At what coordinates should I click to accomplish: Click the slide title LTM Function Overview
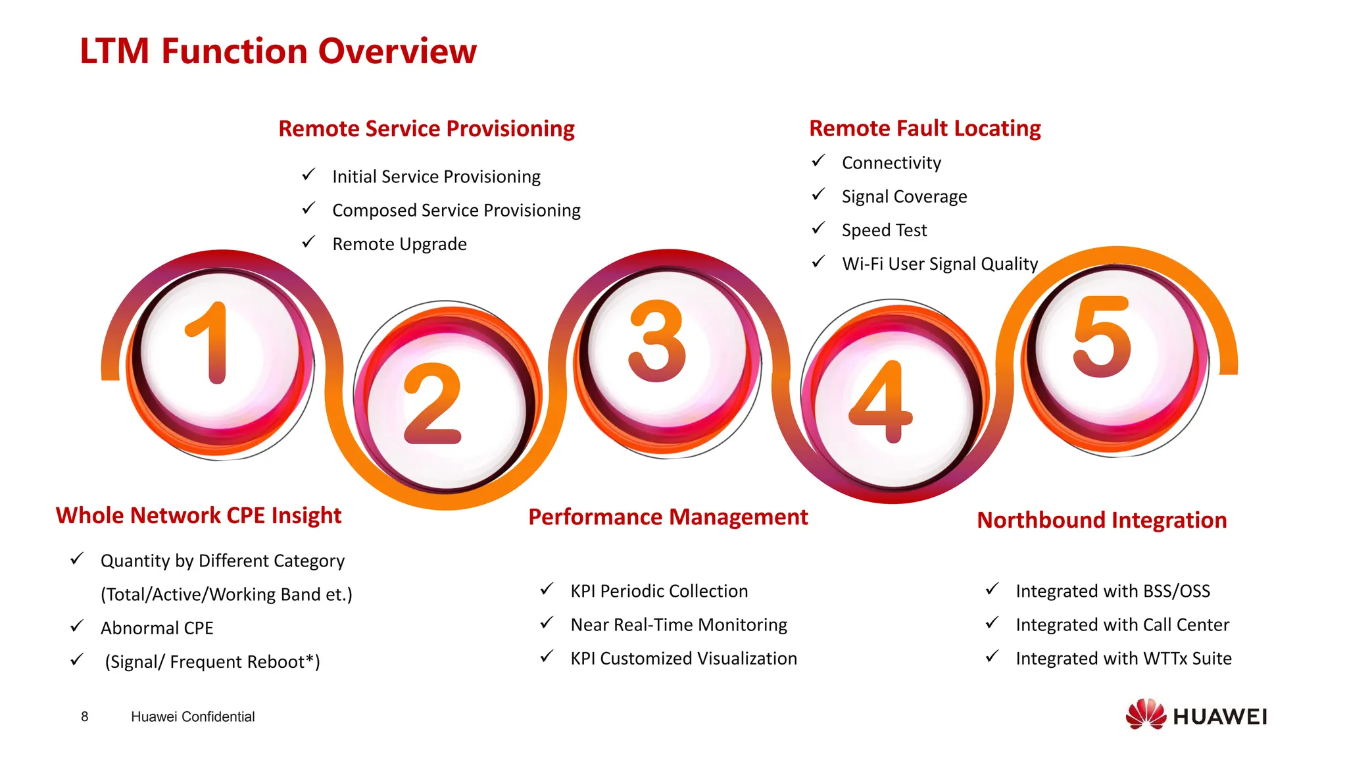tap(278, 51)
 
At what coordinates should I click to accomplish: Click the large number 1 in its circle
tap(208, 343)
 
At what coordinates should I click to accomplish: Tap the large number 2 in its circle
tap(432, 404)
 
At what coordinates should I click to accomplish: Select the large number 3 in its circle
tap(657, 341)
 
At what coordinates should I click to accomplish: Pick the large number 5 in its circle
tap(1102, 336)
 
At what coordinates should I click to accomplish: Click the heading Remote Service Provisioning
tap(426, 129)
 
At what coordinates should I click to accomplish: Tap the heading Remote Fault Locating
tap(925, 128)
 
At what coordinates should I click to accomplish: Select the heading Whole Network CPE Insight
tap(198, 515)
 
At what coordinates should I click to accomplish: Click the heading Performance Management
tap(668, 517)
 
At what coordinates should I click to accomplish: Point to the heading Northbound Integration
tap(1102, 520)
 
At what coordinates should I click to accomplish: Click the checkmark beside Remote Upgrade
tap(308, 242)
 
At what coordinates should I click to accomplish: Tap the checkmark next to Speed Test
tap(818, 228)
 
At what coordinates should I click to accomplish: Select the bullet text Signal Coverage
tap(904, 197)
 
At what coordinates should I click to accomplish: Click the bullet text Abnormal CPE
tap(157, 628)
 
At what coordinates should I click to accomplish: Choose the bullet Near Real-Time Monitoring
tap(679, 625)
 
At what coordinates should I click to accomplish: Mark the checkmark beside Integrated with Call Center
tap(992, 622)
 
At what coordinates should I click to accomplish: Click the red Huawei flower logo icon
tap(1145, 715)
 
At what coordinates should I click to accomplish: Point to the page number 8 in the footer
tap(85, 717)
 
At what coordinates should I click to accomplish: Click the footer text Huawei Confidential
tap(193, 717)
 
